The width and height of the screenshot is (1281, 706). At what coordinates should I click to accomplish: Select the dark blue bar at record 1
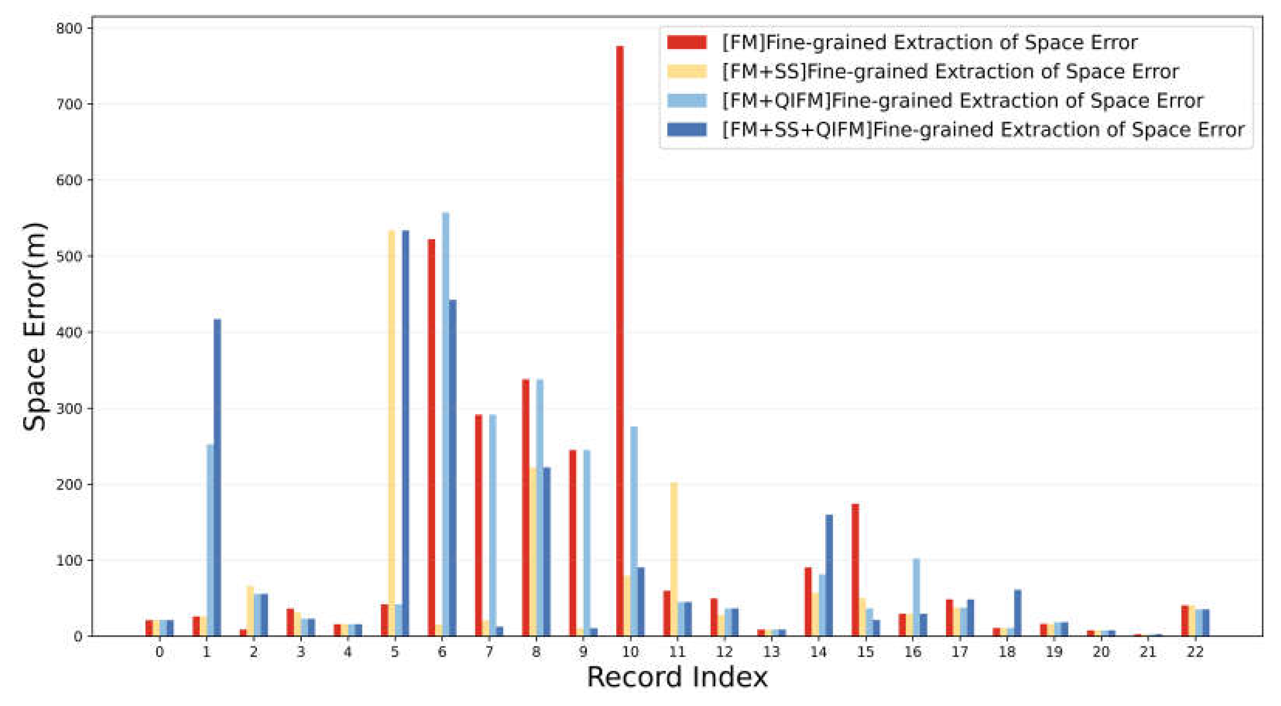(217, 477)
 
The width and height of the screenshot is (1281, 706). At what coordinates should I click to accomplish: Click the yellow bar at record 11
(674, 559)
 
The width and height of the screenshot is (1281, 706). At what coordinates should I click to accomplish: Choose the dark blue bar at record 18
(1017, 612)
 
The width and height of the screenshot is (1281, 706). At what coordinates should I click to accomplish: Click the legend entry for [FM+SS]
(950, 72)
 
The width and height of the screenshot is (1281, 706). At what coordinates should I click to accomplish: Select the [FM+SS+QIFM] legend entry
(983, 130)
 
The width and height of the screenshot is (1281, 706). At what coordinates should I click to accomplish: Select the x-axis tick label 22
(1195, 652)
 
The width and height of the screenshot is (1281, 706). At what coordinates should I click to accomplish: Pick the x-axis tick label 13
(771, 652)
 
